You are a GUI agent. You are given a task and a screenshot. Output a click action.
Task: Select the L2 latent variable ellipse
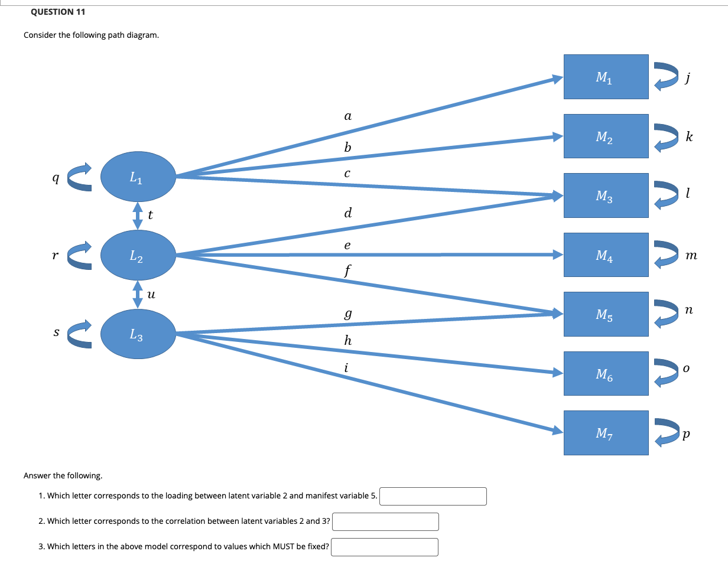coord(138,255)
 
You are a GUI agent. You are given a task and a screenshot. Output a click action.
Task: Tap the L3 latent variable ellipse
coord(138,335)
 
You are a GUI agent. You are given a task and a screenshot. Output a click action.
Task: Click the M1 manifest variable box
coord(606,77)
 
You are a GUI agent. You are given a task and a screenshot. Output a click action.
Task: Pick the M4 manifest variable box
coord(606,255)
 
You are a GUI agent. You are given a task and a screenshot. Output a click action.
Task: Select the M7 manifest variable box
coord(606,433)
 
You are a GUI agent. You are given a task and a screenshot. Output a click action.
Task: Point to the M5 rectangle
coord(606,314)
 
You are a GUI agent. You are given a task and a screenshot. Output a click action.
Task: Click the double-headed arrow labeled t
coord(138,216)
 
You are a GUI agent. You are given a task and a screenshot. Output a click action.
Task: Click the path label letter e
coord(347,244)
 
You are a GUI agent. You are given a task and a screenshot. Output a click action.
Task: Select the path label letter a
coord(347,116)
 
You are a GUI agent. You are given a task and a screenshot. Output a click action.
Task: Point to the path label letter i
coord(347,367)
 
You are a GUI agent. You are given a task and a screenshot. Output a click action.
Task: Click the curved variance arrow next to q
coord(80,177)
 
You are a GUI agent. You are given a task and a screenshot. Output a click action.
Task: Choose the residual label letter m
coord(691,256)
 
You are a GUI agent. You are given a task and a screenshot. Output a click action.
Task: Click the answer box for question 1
coord(433,496)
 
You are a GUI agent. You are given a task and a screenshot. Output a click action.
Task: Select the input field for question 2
coord(385,521)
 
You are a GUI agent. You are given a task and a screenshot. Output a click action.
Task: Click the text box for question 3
coord(385,547)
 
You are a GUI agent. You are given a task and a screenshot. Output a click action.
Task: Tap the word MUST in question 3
coord(280,546)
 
